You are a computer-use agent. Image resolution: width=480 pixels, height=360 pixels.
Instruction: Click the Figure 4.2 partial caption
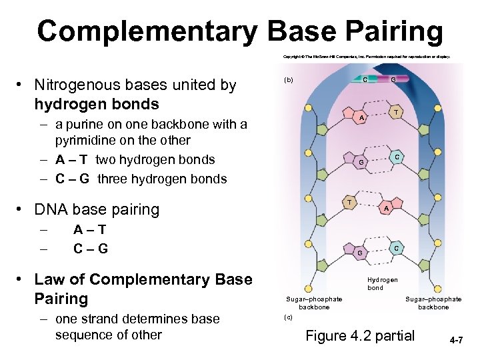359,336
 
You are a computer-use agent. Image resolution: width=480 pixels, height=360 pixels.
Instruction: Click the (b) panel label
289,80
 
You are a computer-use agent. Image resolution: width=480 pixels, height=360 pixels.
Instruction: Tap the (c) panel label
288,317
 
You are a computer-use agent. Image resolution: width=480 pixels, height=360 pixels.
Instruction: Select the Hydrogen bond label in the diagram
383,284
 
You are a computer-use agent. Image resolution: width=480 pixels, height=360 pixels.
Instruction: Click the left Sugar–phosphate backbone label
314,303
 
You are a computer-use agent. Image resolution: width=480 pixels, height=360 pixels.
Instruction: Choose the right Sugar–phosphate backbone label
433,303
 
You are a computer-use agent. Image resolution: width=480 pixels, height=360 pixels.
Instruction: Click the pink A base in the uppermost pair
361,118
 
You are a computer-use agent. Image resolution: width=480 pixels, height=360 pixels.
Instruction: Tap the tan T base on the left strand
349,202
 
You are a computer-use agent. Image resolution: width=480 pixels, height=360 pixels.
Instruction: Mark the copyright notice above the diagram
367,57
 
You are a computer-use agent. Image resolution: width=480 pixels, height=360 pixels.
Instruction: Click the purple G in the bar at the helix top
393,79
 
